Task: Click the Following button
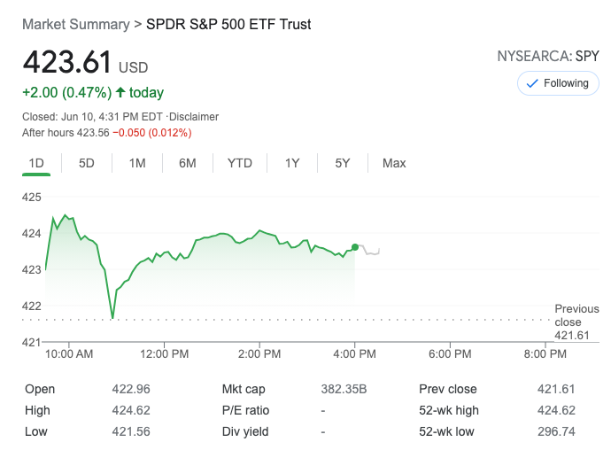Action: click(x=558, y=83)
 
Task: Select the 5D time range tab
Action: click(x=87, y=163)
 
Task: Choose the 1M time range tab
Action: click(x=137, y=163)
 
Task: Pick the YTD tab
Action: click(x=239, y=163)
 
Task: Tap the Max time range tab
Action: click(x=394, y=163)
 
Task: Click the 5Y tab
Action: click(x=343, y=163)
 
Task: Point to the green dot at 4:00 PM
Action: click(x=355, y=247)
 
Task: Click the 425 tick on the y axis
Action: click(x=32, y=197)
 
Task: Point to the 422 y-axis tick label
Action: click(x=32, y=306)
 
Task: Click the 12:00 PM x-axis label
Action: click(x=165, y=354)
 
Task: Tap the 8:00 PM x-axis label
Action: click(x=545, y=354)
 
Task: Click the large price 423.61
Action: click(x=67, y=63)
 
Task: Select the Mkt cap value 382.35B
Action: click(x=344, y=389)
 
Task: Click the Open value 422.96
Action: click(x=132, y=389)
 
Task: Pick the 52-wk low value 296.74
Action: click(x=557, y=431)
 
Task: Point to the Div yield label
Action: click(x=245, y=431)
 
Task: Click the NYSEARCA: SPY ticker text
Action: click(x=548, y=57)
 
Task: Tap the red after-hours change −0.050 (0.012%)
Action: click(x=151, y=133)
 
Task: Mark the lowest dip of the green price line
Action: click(x=112, y=317)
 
